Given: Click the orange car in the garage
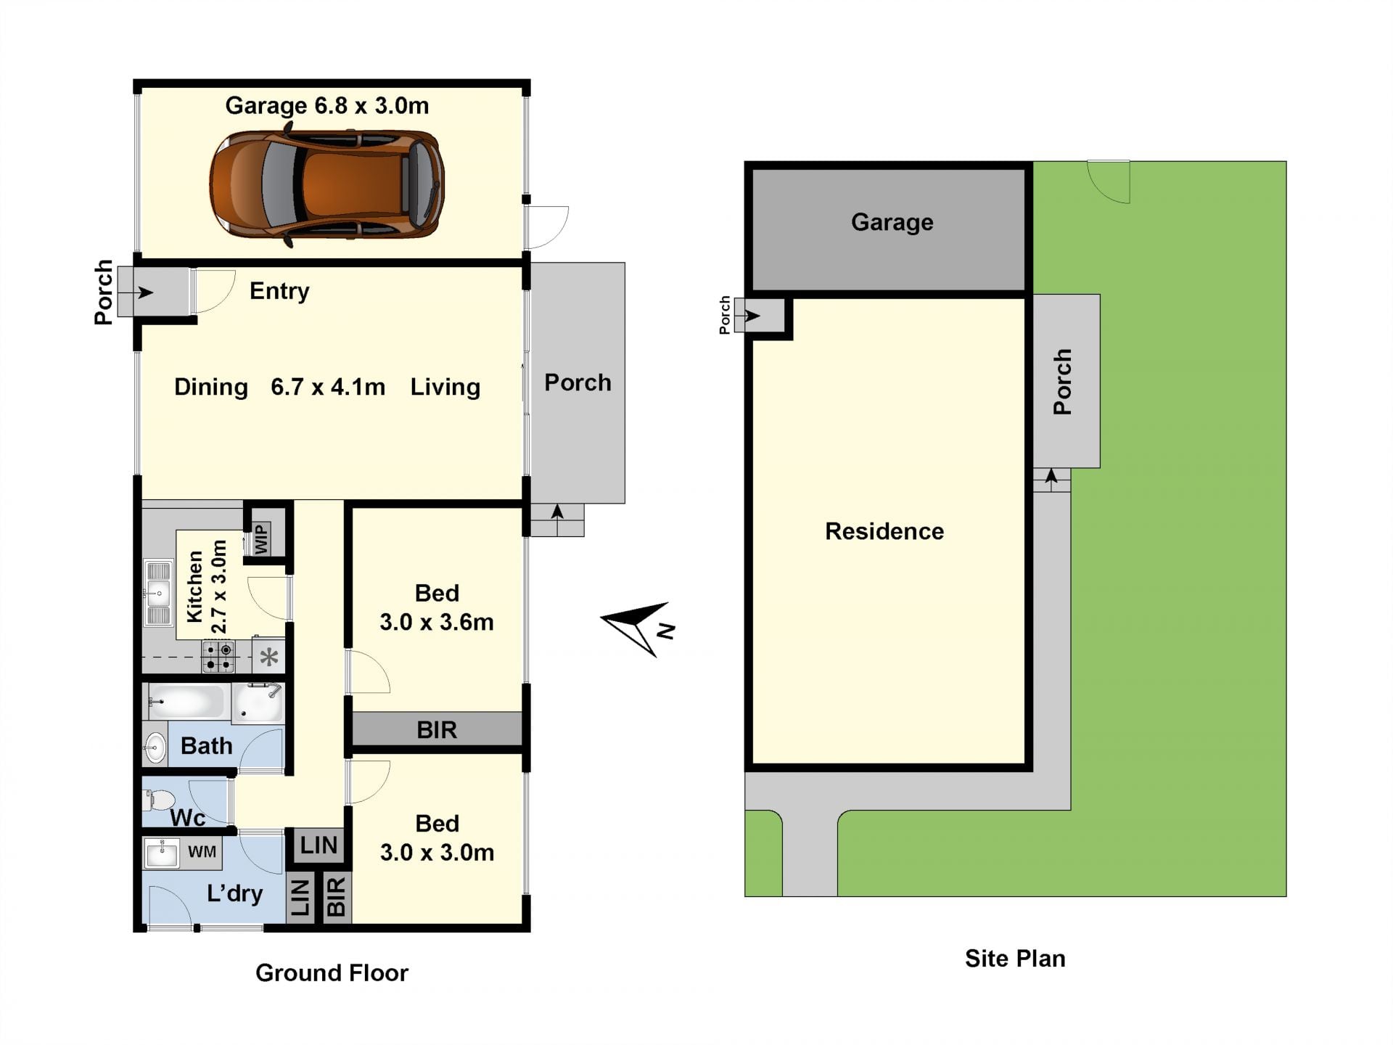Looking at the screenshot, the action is click(x=326, y=185).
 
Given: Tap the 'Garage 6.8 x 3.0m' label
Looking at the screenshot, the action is click(x=326, y=106).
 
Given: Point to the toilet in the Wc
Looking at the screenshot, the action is click(x=159, y=800).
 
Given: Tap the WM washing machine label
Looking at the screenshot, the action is click(x=202, y=852).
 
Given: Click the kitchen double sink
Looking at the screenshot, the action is click(x=158, y=593).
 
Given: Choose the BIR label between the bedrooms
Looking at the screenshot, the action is click(x=437, y=730).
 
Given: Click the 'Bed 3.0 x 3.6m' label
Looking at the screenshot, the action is click(x=437, y=607).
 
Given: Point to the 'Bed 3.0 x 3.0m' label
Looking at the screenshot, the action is click(x=437, y=837).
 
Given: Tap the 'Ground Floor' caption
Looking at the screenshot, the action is click(x=332, y=972).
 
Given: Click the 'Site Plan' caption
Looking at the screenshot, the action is click(x=1015, y=959).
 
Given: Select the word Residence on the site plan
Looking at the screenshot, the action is click(x=884, y=531).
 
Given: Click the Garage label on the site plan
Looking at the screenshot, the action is click(x=892, y=222).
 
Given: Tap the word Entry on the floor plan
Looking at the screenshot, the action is click(x=279, y=291).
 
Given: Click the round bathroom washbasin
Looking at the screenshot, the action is click(x=155, y=747).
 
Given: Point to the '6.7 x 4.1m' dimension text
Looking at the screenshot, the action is click(x=328, y=387).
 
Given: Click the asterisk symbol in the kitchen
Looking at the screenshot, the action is click(x=269, y=657).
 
